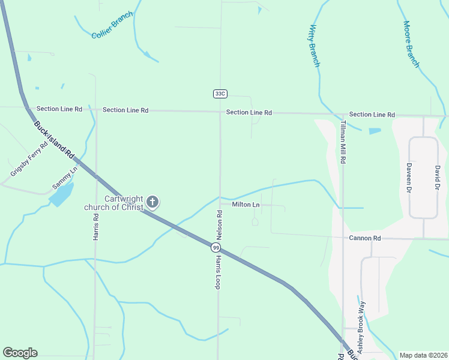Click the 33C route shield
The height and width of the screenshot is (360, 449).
coord(220,94)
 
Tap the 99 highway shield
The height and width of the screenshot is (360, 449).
coord(216,247)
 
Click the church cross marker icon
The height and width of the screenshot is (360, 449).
coord(152,202)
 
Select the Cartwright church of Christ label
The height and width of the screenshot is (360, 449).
coord(115,203)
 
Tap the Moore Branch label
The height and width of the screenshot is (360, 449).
coord(411,44)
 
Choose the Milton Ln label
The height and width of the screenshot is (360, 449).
coord(246,205)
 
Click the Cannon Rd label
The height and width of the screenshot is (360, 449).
coord(365,238)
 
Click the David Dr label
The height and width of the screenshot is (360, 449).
coord(437,178)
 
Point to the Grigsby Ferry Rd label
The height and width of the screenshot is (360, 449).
coord(29,160)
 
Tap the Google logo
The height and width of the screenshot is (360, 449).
coord(20,353)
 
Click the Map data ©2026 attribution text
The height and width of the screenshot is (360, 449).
coord(423,355)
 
